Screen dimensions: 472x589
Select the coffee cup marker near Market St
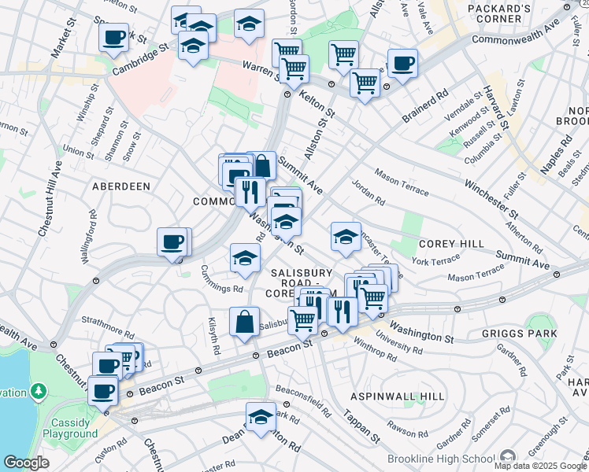(x=114, y=37)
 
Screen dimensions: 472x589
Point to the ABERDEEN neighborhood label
(x=120, y=186)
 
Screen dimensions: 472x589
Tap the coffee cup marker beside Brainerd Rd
(x=402, y=64)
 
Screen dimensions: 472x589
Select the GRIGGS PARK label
(x=519, y=334)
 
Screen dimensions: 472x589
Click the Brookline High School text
(x=439, y=459)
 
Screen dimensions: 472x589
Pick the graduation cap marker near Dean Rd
(x=261, y=418)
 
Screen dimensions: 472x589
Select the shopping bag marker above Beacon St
(x=244, y=321)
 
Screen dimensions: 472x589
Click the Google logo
(x=25, y=463)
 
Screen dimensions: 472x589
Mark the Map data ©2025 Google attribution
(x=540, y=466)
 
